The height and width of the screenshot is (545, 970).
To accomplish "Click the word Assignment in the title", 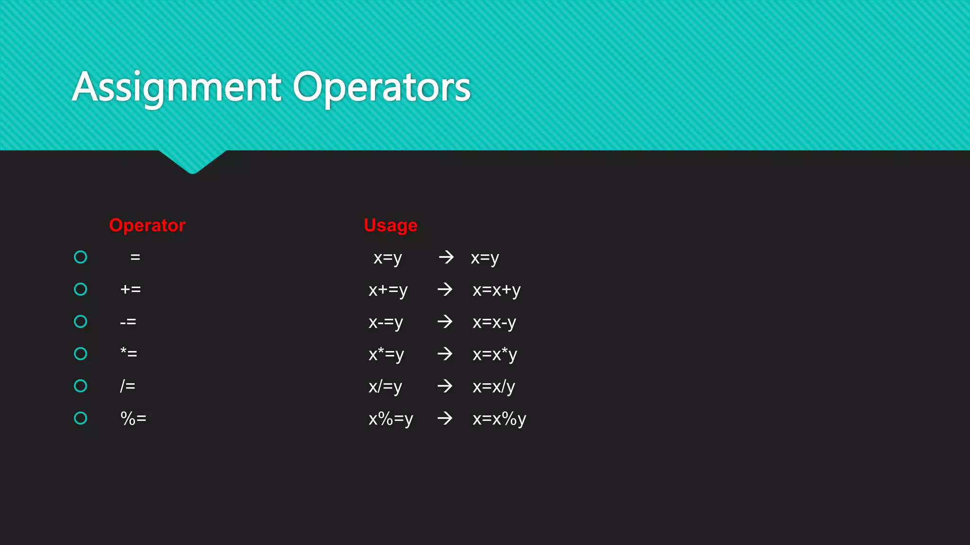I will pyautogui.click(x=177, y=88).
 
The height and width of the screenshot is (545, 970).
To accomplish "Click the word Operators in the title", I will pyautogui.click(x=381, y=88).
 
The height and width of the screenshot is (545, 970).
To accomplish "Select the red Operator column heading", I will pyautogui.click(x=147, y=225).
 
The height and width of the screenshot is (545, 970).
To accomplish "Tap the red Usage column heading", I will pyautogui.click(x=390, y=225).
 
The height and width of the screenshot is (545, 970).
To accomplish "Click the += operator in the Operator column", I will pyautogui.click(x=130, y=289).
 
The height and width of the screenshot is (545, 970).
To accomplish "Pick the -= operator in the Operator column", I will pyautogui.click(x=128, y=322).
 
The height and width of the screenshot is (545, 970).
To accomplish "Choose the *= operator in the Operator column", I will pyautogui.click(x=128, y=353).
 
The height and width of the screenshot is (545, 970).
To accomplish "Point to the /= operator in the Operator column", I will pyautogui.click(x=127, y=386).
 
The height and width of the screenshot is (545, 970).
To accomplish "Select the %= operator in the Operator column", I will pyautogui.click(x=133, y=418).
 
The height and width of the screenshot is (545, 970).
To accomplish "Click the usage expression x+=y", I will pyautogui.click(x=388, y=290).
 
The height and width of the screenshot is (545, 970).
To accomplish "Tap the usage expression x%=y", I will pyautogui.click(x=391, y=419).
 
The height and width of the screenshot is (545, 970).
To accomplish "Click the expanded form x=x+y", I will pyautogui.click(x=496, y=290).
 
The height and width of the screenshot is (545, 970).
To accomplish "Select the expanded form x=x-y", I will pyautogui.click(x=494, y=322).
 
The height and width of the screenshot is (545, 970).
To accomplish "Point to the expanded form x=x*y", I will pyautogui.click(x=494, y=354).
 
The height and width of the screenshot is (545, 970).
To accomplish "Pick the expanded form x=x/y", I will pyautogui.click(x=494, y=387).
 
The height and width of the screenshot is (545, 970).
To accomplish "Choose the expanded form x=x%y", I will pyautogui.click(x=499, y=419).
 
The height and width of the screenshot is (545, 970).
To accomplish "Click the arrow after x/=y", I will pyautogui.click(x=445, y=386).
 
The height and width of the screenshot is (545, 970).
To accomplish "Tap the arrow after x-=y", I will pyautogui.click(x=445, y=322).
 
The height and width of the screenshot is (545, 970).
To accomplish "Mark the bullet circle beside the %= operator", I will pyautogui.click(x=81, y=418).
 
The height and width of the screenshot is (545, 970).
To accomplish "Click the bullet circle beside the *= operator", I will pyautogui.click(x=81, y=353).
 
